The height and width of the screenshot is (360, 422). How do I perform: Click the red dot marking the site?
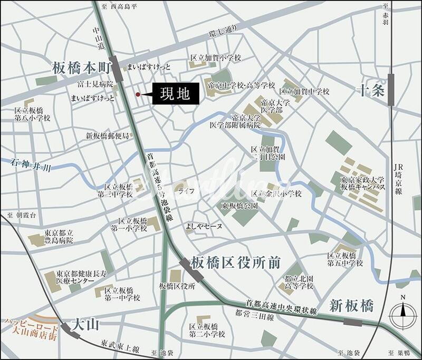point(138,94)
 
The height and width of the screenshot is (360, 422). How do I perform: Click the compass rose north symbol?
point(403,315)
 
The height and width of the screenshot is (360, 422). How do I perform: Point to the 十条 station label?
point(371,90)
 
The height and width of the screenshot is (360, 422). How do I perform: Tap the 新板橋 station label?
point(351,305)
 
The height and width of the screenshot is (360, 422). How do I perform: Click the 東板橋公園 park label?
point(239,206)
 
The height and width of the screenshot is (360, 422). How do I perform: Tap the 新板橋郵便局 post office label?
point(108,135)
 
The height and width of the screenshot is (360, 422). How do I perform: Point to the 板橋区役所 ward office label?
point(177,286)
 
